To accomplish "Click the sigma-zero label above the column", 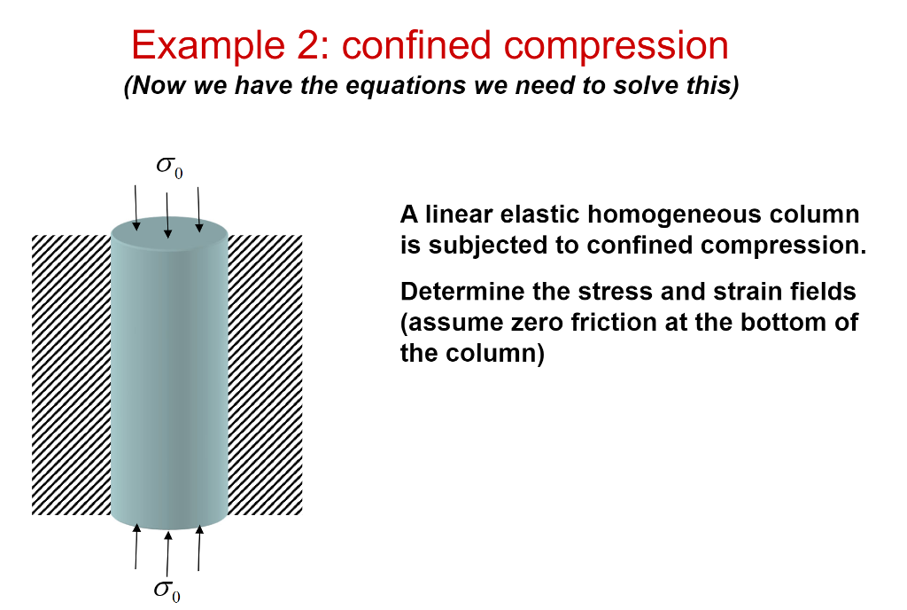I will click(168, 168).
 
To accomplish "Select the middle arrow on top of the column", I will click(167, 214).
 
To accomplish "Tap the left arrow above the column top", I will click(136, 207).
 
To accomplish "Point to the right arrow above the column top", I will click(199, 207).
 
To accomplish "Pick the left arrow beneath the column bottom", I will click(136, 547).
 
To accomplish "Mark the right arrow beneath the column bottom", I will click(199, 548).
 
